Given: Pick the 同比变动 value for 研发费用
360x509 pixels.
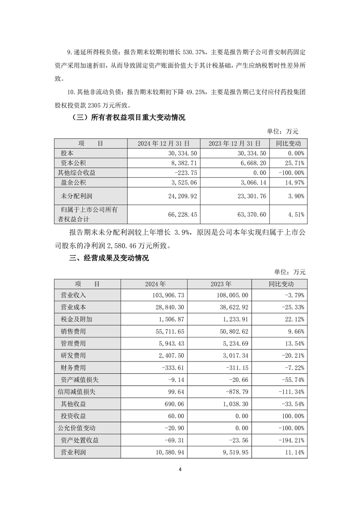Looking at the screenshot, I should pos(290,356).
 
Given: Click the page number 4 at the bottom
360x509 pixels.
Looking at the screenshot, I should pos(180,469).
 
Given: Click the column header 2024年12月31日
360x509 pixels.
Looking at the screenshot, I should pos(164,143).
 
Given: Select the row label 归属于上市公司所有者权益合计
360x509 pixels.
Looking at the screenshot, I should pos(89,214).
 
